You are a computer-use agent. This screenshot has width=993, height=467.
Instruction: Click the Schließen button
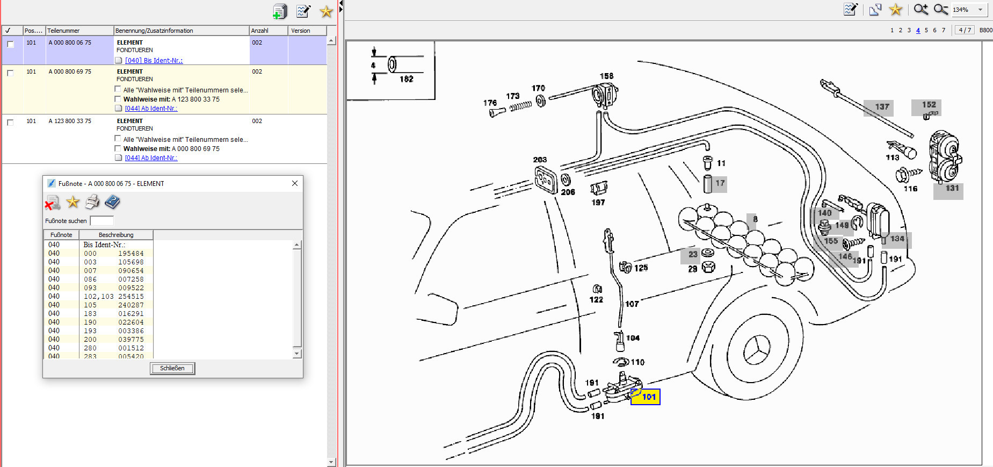[172, 368]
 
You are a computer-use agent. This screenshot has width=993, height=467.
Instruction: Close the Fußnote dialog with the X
[295, 183]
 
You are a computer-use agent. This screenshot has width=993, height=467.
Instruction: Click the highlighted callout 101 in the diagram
[646, 397]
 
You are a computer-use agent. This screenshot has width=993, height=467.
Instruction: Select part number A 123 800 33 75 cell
[70, 121]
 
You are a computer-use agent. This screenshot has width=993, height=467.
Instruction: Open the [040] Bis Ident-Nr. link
[154, 61]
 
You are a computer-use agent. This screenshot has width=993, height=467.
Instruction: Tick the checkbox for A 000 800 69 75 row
[10, 73]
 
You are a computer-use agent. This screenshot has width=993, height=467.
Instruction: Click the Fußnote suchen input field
[102, 221]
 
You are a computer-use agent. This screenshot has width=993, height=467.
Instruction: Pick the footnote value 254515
[131, 296]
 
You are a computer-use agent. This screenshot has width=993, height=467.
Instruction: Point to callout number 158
[606, 76]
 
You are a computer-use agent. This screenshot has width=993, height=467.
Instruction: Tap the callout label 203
[540, 160]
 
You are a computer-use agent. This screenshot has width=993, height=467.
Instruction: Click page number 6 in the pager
[934, 30]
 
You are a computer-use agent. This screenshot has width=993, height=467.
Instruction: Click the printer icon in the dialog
[92, 202]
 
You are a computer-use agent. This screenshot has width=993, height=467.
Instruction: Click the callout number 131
[952, 188]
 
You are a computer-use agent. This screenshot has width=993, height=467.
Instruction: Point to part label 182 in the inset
[407, 79]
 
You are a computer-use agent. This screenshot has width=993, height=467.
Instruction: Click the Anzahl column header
[269, 31]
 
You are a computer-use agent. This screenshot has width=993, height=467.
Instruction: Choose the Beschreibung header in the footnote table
[116, 235]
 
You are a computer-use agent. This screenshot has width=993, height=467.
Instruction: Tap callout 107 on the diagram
[632, 304]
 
